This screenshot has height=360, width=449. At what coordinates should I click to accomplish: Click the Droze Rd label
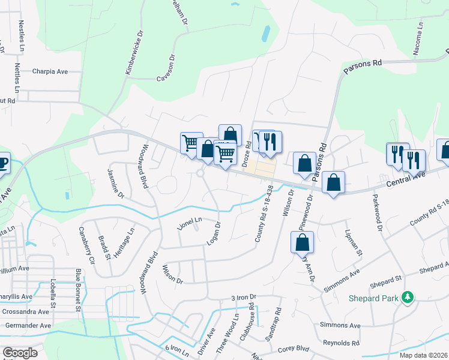click(247, 154)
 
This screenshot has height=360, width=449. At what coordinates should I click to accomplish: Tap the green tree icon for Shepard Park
click(408, 297)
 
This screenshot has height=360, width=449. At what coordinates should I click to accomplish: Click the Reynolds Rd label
click(339, 343)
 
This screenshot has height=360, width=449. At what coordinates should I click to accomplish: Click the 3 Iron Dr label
click(244, 297)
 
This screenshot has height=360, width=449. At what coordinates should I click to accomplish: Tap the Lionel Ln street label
click(190, 224)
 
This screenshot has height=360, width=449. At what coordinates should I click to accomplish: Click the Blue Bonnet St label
click(79, 291)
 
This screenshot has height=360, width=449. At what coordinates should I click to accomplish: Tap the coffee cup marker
click(2, 163)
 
